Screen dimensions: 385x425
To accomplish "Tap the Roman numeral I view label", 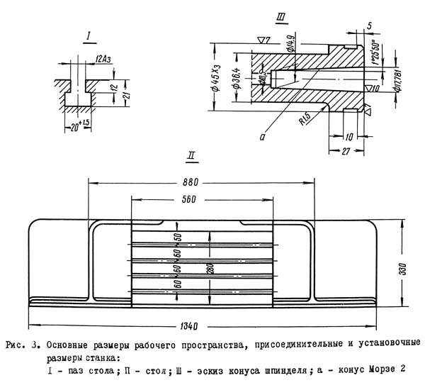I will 86,35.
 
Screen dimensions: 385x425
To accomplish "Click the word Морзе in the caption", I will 378,370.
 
